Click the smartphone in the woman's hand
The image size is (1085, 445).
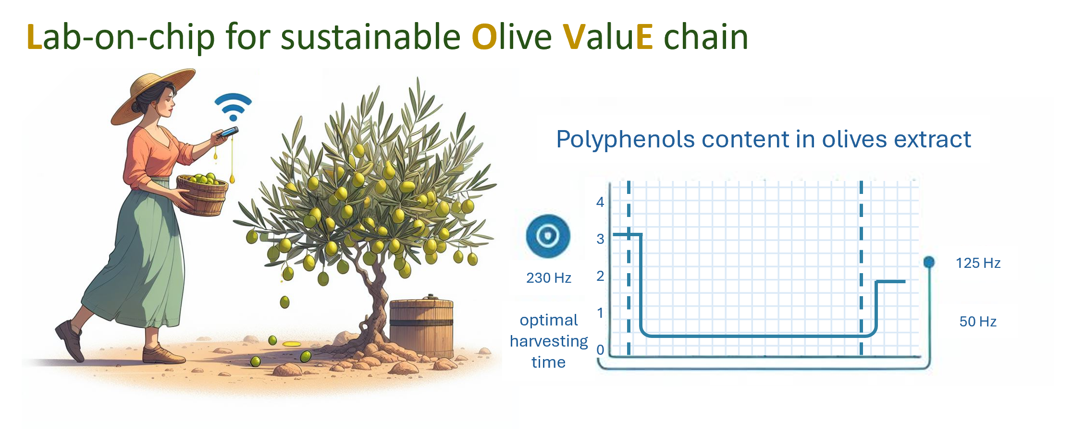pyautogui.click(x=228, y=132)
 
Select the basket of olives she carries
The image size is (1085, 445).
pyautogui.click(x=202, y=194)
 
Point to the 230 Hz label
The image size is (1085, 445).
pyautogui.click(x=549, y=278)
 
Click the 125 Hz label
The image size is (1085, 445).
pyautogui.click(x=978, y=263)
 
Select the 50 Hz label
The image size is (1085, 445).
pyautogui.click(x=978, y=322)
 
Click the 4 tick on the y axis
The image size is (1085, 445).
pyautogui.click(x=600, y=202)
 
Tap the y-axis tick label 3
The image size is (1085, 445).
pyautogui.click(x=600, y=239)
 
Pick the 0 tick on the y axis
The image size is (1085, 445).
pyautogui.click(x=600, y=350)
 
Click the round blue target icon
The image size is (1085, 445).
pyautogui.click(x=548, y=236)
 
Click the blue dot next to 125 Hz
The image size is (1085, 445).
pyautogui.click(x=929, y=262)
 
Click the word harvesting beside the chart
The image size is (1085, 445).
pyautogui.click(x=549, y=342)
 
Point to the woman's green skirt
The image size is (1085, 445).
pyautogui.click(x=139, y=259)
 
